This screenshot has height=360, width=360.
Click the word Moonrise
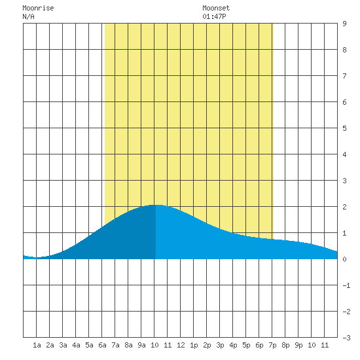38,8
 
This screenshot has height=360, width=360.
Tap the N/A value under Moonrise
28,16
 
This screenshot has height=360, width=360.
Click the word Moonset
216,8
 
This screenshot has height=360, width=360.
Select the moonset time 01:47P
214,16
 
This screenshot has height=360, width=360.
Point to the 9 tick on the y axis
344,24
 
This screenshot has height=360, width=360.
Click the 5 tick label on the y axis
344,128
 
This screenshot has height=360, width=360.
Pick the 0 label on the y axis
344,259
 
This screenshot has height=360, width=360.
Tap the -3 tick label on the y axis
346,338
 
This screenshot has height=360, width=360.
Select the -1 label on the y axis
346,285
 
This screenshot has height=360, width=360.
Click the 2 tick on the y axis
344,207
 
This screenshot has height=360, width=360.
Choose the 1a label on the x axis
37,345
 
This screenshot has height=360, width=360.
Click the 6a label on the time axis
102,345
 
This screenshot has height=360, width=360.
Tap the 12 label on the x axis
181,345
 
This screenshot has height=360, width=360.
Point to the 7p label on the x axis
272,345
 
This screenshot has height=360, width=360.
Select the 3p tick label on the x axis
220,345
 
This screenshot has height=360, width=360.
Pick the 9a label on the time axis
141,345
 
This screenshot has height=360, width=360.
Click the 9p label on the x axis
298,345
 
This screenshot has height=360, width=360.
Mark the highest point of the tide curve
156,205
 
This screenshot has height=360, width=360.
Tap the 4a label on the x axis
76,345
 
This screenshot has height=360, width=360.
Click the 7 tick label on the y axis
344,76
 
